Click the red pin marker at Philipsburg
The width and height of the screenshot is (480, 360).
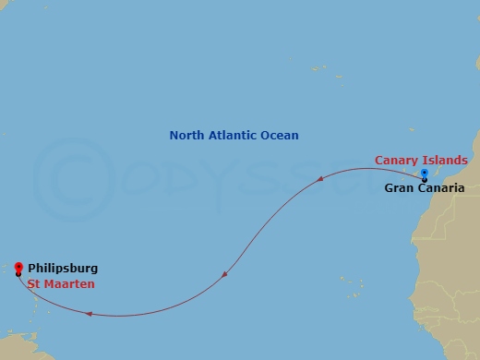click(18, 268)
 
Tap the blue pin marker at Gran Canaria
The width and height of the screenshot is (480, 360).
click(424, 174)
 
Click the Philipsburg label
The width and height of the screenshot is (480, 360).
click(62, 269)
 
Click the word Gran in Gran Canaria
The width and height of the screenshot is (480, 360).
click(400, 188)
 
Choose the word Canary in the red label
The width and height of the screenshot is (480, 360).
click(396, 161)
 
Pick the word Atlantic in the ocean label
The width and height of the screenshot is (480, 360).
click(234, 136)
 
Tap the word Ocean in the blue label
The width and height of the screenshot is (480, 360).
click(281, 136)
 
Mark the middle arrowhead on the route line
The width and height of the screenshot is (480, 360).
click(226, 273)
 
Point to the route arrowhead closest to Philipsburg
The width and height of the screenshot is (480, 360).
click(88, 313)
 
